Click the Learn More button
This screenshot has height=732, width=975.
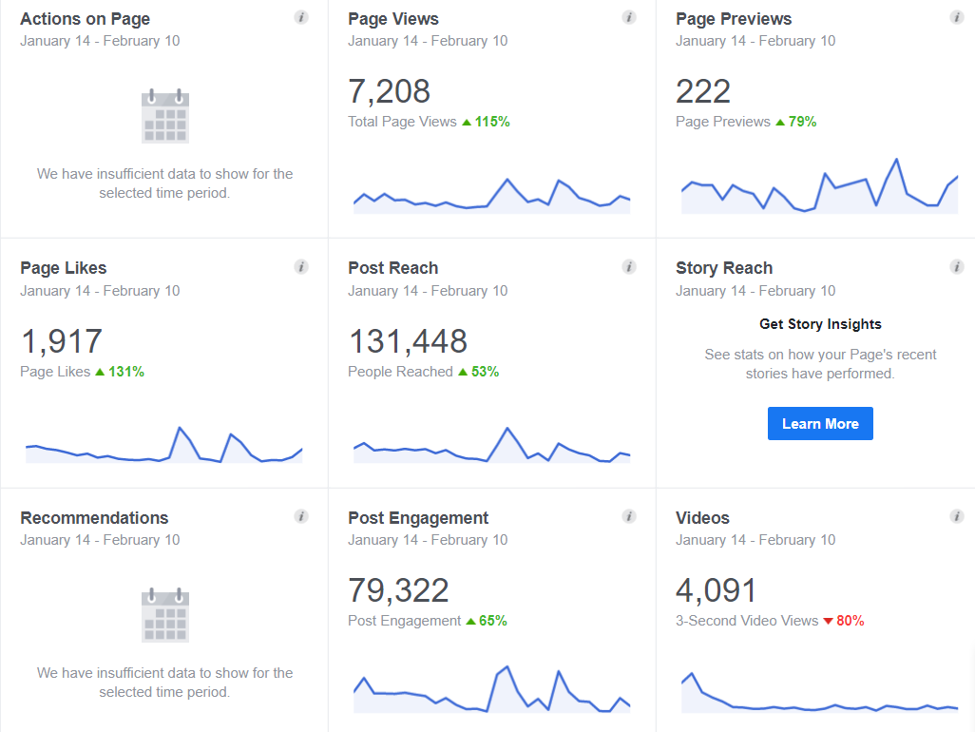820,424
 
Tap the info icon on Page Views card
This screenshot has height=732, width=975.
629,17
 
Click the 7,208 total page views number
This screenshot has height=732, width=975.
389,91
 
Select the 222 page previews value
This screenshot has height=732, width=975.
703,91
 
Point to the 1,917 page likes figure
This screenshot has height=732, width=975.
61,341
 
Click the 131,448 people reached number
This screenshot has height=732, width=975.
408,341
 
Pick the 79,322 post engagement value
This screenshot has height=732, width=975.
398,590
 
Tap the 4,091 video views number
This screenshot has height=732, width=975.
717,590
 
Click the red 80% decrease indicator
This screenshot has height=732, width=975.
844,621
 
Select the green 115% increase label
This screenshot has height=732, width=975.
487,122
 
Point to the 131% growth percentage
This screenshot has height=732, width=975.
120,372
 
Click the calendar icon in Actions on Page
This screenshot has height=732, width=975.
165,117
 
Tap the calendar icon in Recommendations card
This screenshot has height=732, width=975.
165,616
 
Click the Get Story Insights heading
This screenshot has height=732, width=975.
820,324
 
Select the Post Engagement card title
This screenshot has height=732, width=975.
418,518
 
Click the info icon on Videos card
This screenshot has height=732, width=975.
957,516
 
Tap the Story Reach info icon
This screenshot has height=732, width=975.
957,267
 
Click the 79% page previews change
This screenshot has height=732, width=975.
796,122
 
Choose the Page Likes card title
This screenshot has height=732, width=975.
63,268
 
